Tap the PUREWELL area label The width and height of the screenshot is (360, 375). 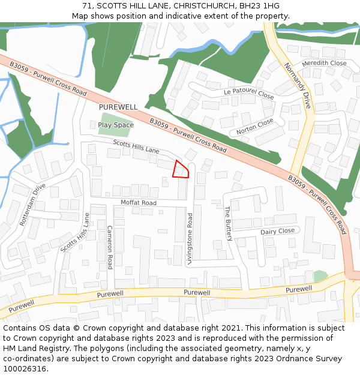coord(118,107)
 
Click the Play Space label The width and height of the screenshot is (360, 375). coord(116,125)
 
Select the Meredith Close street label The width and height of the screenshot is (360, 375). coord(324,63)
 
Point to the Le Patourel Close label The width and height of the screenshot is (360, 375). coord(248,93)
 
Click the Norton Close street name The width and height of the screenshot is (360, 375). coord(254,125)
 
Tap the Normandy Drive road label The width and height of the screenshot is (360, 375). coord(298,85)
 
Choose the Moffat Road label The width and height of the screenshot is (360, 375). coord(138,203)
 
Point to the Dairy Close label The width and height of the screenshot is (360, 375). coord(277,231)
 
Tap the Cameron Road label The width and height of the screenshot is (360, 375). coord(110,247)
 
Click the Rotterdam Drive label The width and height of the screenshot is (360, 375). coord(32,204)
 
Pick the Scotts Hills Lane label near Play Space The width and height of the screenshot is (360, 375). coord(136,146)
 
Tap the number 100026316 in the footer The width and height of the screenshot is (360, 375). coord(24,369)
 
